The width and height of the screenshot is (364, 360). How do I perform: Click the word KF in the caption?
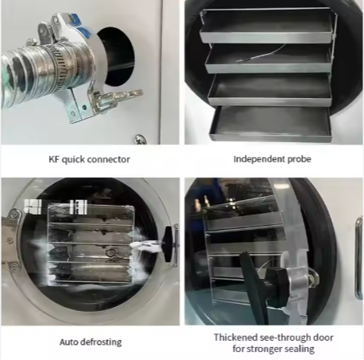[x=54, y=159]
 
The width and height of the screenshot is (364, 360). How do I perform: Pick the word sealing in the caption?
[x=298, y=349]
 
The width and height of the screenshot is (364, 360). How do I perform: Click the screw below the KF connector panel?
[x=140, y=139]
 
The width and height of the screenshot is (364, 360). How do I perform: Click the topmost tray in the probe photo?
[x=268, y=26]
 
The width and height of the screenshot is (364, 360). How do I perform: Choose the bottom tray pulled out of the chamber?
[x=271, y=123]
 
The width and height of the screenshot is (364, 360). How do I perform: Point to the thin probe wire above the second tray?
[x=261, y=54]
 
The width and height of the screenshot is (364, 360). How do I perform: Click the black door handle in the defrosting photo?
[x=168, y=244]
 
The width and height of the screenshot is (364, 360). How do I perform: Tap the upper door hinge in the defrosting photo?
[x=14, y=216]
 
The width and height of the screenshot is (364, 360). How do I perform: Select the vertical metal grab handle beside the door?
[x=359, y=258]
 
